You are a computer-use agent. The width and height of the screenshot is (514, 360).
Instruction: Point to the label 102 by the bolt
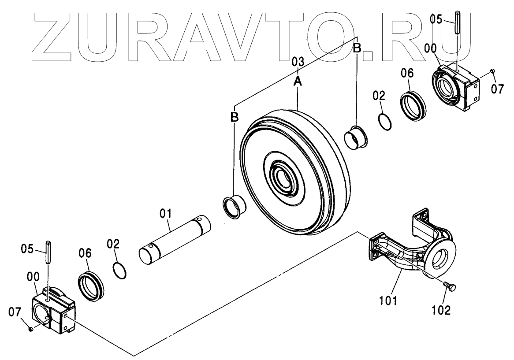click(x=441, y=310)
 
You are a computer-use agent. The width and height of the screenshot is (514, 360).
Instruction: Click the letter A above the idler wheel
click(x=298, y=81)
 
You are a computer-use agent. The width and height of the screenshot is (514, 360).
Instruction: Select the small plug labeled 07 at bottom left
click(x=30, y=329)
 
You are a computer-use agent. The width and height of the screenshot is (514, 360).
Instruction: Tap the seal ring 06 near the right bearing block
click(x=413, y=106)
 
